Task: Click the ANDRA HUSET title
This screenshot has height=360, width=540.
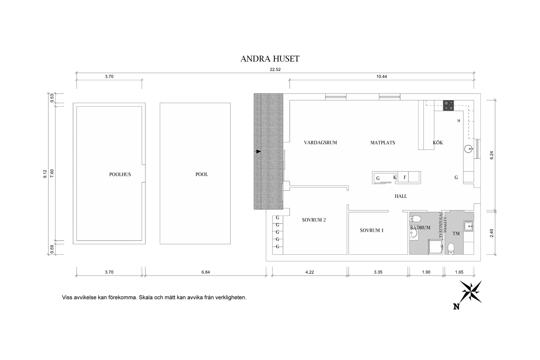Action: click(x=270, y=59)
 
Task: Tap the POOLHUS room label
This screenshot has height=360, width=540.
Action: click(x=120, y=174)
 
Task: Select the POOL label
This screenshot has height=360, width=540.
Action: click(x=202, y=174)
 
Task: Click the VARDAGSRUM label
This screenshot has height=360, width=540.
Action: click(x=320, y=142)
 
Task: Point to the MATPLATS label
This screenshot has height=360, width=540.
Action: click(x=383, y=142)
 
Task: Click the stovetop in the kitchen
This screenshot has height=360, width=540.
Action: click(x=448, y=106)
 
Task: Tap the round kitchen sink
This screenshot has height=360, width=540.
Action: click(x=468, y=149)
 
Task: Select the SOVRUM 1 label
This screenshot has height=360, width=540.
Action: click(x=371, y=230)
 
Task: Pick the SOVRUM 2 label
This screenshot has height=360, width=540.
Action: click(x=314, y=220)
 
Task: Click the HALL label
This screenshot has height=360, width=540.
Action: click(x=401, y=196)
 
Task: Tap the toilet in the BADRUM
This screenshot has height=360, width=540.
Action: click(x=415, y=219)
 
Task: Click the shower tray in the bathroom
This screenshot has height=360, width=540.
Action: click(x=436, y=247)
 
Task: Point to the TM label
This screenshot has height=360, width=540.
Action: click(x=456, y=233)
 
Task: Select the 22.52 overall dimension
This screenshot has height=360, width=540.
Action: click(x=275, y=69)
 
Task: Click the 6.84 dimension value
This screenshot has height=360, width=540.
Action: click(x=206, y=272)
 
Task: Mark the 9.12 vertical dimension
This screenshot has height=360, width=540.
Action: click(x=45, y=174)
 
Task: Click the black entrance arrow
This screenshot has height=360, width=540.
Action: click(x=259, y=152)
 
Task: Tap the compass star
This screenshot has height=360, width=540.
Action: click(x=470, y=292)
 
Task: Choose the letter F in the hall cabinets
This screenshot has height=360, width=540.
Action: click(x=405, y=177)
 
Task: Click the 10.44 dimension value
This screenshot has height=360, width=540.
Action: click(x=382, y=77)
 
